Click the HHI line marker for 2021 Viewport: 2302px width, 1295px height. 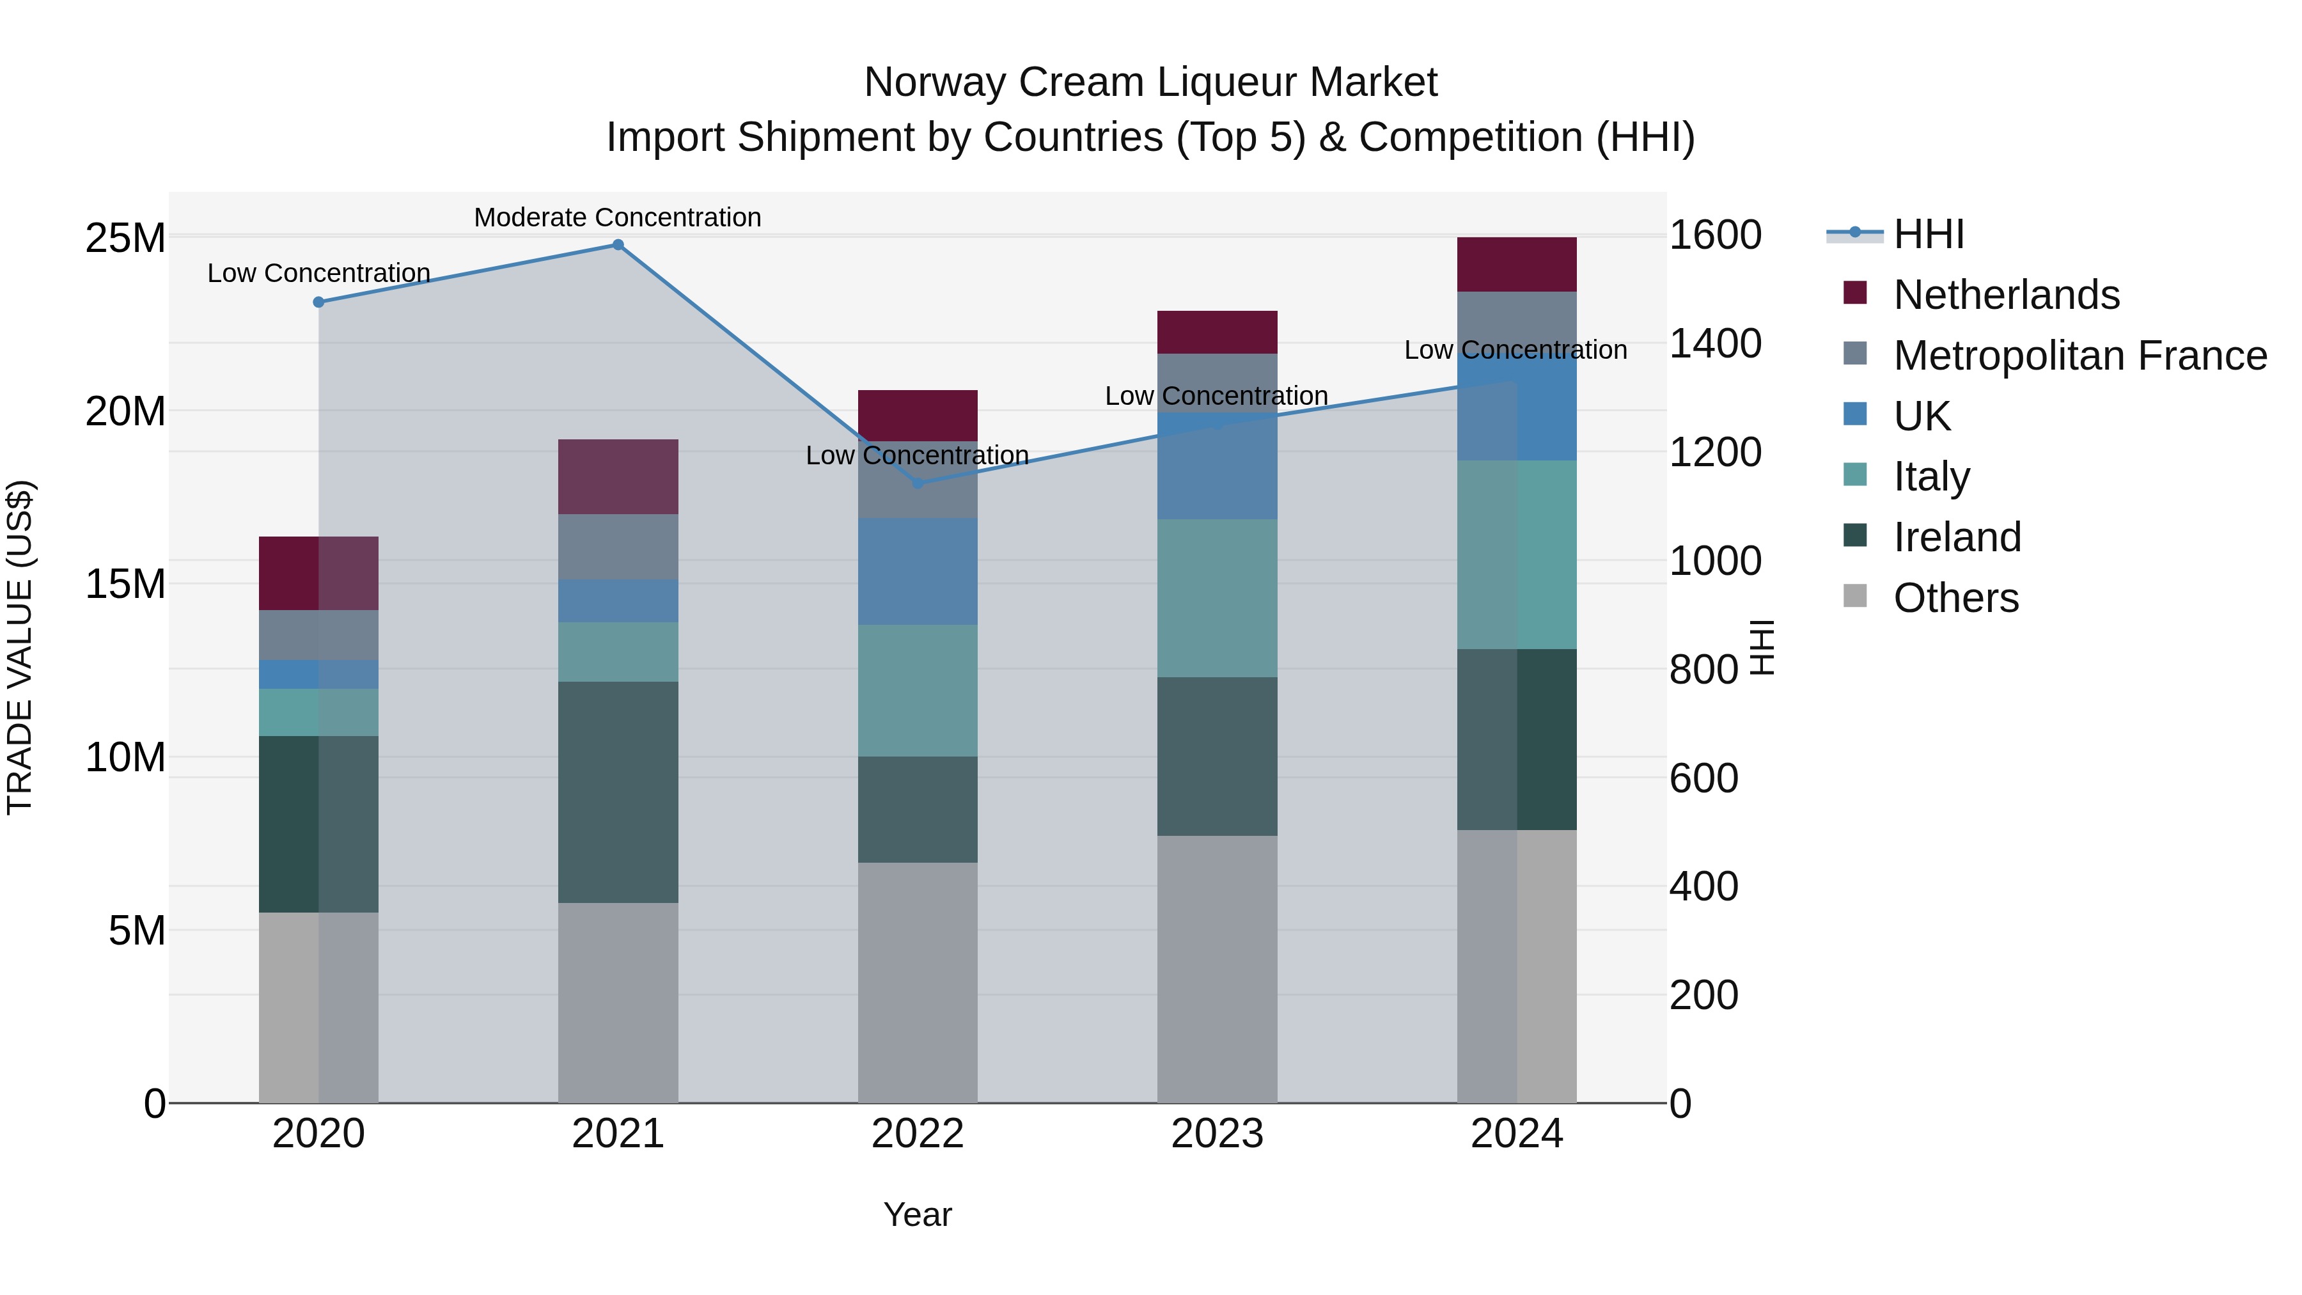(x=618, y=245)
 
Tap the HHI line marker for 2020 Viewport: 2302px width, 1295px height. (x=319, y=302)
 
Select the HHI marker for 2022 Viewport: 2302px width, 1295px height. (x=918, y=483)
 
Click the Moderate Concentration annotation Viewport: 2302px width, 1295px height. (x=618, y=217)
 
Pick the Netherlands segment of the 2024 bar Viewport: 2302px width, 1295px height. (x=1517, y=265)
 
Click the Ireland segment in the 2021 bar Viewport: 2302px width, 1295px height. (x=618, y=792)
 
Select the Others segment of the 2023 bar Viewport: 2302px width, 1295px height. (x=1217, y=969)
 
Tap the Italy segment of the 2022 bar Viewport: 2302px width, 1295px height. (x=918, y=690)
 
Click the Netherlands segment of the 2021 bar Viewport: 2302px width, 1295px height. (x=618, y=476)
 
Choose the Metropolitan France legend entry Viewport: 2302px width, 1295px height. (x=2079, y=356)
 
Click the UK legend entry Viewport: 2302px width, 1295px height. (x=1922, y=416)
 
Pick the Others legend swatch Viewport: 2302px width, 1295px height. (x=1855, y=596)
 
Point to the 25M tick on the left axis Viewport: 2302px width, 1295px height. (x=125, y=239)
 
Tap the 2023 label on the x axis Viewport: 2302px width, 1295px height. (x=1217, y=1134)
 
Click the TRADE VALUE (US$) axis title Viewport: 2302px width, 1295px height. (x=20, y=647)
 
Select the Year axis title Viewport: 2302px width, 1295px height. (x=918, y=1214)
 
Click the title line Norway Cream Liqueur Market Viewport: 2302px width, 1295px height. (x=1150, y=82)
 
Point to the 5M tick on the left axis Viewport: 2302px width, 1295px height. (x=137, y=930)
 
